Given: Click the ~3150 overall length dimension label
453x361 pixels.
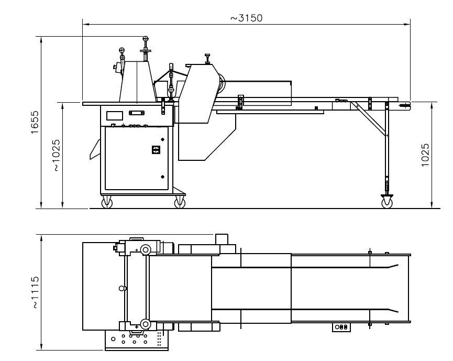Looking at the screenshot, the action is [247, 18].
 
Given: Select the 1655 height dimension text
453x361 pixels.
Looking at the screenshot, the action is [35, 122].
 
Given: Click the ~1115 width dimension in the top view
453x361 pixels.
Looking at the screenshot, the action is [35, 292].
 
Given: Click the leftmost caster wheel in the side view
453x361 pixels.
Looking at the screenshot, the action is [107, 202].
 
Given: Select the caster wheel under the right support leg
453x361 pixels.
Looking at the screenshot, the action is [387, 202].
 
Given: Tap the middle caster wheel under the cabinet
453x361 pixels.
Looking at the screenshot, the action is [180, 202].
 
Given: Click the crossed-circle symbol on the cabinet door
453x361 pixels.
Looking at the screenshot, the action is [156, 150].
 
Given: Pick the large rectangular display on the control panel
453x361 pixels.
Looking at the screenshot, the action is [115, 116].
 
